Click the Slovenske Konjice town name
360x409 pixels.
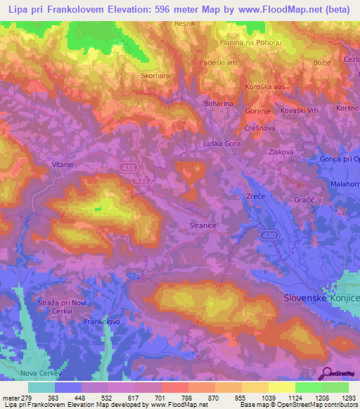pos(321,298)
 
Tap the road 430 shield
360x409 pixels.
pos(267,234)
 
